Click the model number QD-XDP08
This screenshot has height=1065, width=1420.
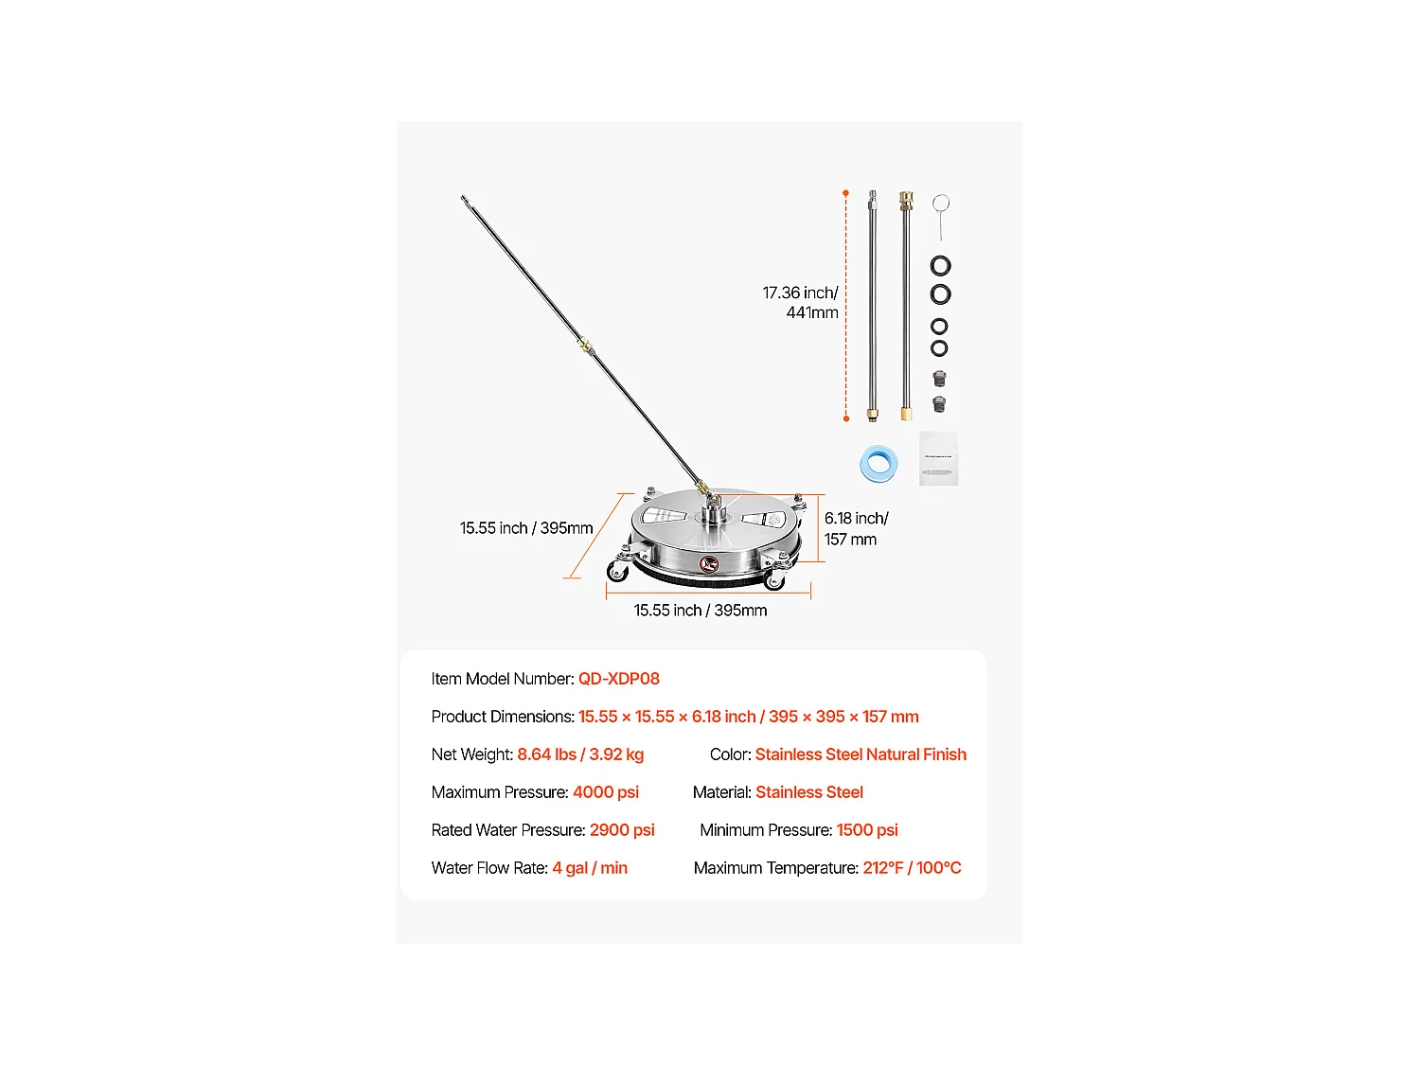point(618,679)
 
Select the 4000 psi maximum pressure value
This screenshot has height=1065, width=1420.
point(605,792)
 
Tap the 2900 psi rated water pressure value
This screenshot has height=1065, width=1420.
point(622,830)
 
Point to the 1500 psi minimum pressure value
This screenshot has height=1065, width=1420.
point(866,830)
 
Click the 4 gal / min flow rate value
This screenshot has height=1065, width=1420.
point(590,868)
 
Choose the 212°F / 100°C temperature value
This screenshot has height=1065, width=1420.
point(912,868)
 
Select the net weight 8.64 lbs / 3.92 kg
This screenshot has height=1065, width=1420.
point(580,754)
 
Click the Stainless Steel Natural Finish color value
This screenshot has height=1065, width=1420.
point(861,754)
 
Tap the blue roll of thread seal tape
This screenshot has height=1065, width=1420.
point(879,464)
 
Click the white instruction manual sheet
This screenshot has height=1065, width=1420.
point(938,459)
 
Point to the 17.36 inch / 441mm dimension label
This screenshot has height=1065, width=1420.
point(801,303)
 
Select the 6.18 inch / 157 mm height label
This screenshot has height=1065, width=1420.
point(856,528)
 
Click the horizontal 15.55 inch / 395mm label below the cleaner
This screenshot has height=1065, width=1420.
point(701,611)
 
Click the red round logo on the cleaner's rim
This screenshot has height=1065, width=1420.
point(709,564)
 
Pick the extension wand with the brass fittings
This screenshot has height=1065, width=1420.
point(906,305)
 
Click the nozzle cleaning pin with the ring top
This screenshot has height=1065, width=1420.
point(940,215)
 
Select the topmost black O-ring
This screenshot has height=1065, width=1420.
point(940,266)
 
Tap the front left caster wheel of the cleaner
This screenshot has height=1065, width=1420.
point(618,571)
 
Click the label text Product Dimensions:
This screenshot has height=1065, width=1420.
point(503,717)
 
